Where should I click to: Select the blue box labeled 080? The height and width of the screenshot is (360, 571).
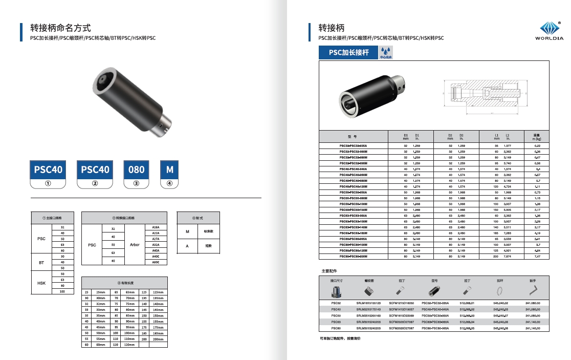point(137,170)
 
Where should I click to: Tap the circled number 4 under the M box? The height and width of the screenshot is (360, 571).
point(169,183)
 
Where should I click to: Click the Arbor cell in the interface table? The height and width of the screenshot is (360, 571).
point(134,245)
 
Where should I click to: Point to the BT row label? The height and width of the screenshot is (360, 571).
point(42,262)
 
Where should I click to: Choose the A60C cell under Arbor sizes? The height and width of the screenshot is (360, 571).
point(156,262)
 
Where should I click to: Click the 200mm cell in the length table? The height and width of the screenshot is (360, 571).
point(158,339)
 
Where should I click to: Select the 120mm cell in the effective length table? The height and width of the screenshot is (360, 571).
point(129,345)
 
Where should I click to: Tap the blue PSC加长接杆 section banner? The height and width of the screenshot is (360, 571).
point(348,53)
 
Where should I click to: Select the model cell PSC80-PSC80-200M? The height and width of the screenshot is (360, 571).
point(354,256)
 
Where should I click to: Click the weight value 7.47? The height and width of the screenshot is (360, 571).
point(537,256)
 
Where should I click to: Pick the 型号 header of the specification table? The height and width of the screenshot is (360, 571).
point(352,137)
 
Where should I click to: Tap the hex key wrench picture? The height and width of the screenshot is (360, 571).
point(533,290)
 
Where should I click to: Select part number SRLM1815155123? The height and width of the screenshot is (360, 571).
point(369,303)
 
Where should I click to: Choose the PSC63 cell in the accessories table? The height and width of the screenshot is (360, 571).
point(336,322)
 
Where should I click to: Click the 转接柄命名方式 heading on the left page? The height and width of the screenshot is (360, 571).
point(60,28)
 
